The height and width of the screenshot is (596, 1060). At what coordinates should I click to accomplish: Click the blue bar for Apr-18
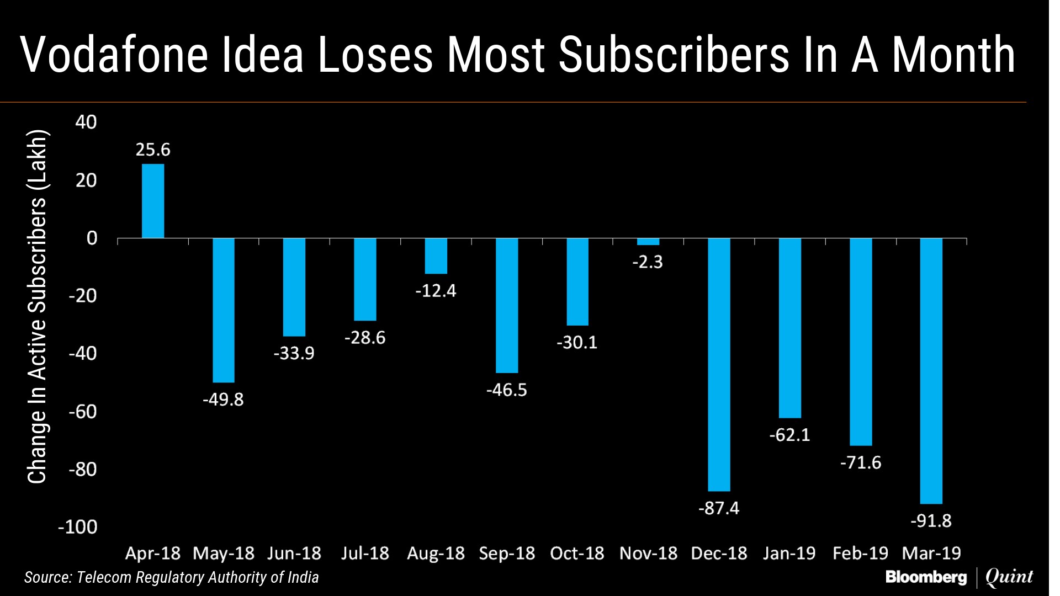tap(153, 201)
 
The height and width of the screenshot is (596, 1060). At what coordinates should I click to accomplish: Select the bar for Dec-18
tap(719, 364)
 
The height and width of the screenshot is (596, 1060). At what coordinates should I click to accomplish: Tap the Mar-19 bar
tap(931, 371)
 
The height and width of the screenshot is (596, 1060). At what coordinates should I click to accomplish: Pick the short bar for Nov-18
tap(648, 242)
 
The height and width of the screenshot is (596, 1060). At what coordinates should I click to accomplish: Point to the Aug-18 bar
tap(436, 256)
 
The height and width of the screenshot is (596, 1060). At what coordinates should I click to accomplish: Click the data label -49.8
tap(223, 399)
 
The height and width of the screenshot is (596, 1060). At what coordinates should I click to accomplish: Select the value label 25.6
tap(153, 150)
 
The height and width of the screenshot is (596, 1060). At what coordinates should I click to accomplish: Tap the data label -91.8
tap(931, 520)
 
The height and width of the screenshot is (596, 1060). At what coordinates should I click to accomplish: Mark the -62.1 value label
tap(789, 435)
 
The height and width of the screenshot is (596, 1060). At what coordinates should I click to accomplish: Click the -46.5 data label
tap(506, 390)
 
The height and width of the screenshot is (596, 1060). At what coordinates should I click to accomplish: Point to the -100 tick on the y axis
tap(77, 527)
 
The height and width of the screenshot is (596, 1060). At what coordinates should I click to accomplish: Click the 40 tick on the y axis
tap(86, 122)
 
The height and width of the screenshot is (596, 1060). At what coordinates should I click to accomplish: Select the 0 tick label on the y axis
tap(92, 238)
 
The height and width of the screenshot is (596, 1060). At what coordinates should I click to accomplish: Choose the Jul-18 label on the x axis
tap(365, 553)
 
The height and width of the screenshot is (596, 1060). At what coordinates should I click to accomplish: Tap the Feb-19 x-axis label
tap(860, 553)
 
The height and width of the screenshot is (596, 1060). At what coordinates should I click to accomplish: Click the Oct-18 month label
tap(577, 553)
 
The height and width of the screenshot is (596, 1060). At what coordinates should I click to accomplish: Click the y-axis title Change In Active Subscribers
tap(38, 307)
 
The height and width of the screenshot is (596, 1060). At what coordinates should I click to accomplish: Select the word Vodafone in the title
tap(114, 55)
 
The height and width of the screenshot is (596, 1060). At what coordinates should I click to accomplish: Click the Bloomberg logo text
tap(926, 577)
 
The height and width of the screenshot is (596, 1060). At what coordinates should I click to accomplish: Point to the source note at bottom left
tap(171, 577)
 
